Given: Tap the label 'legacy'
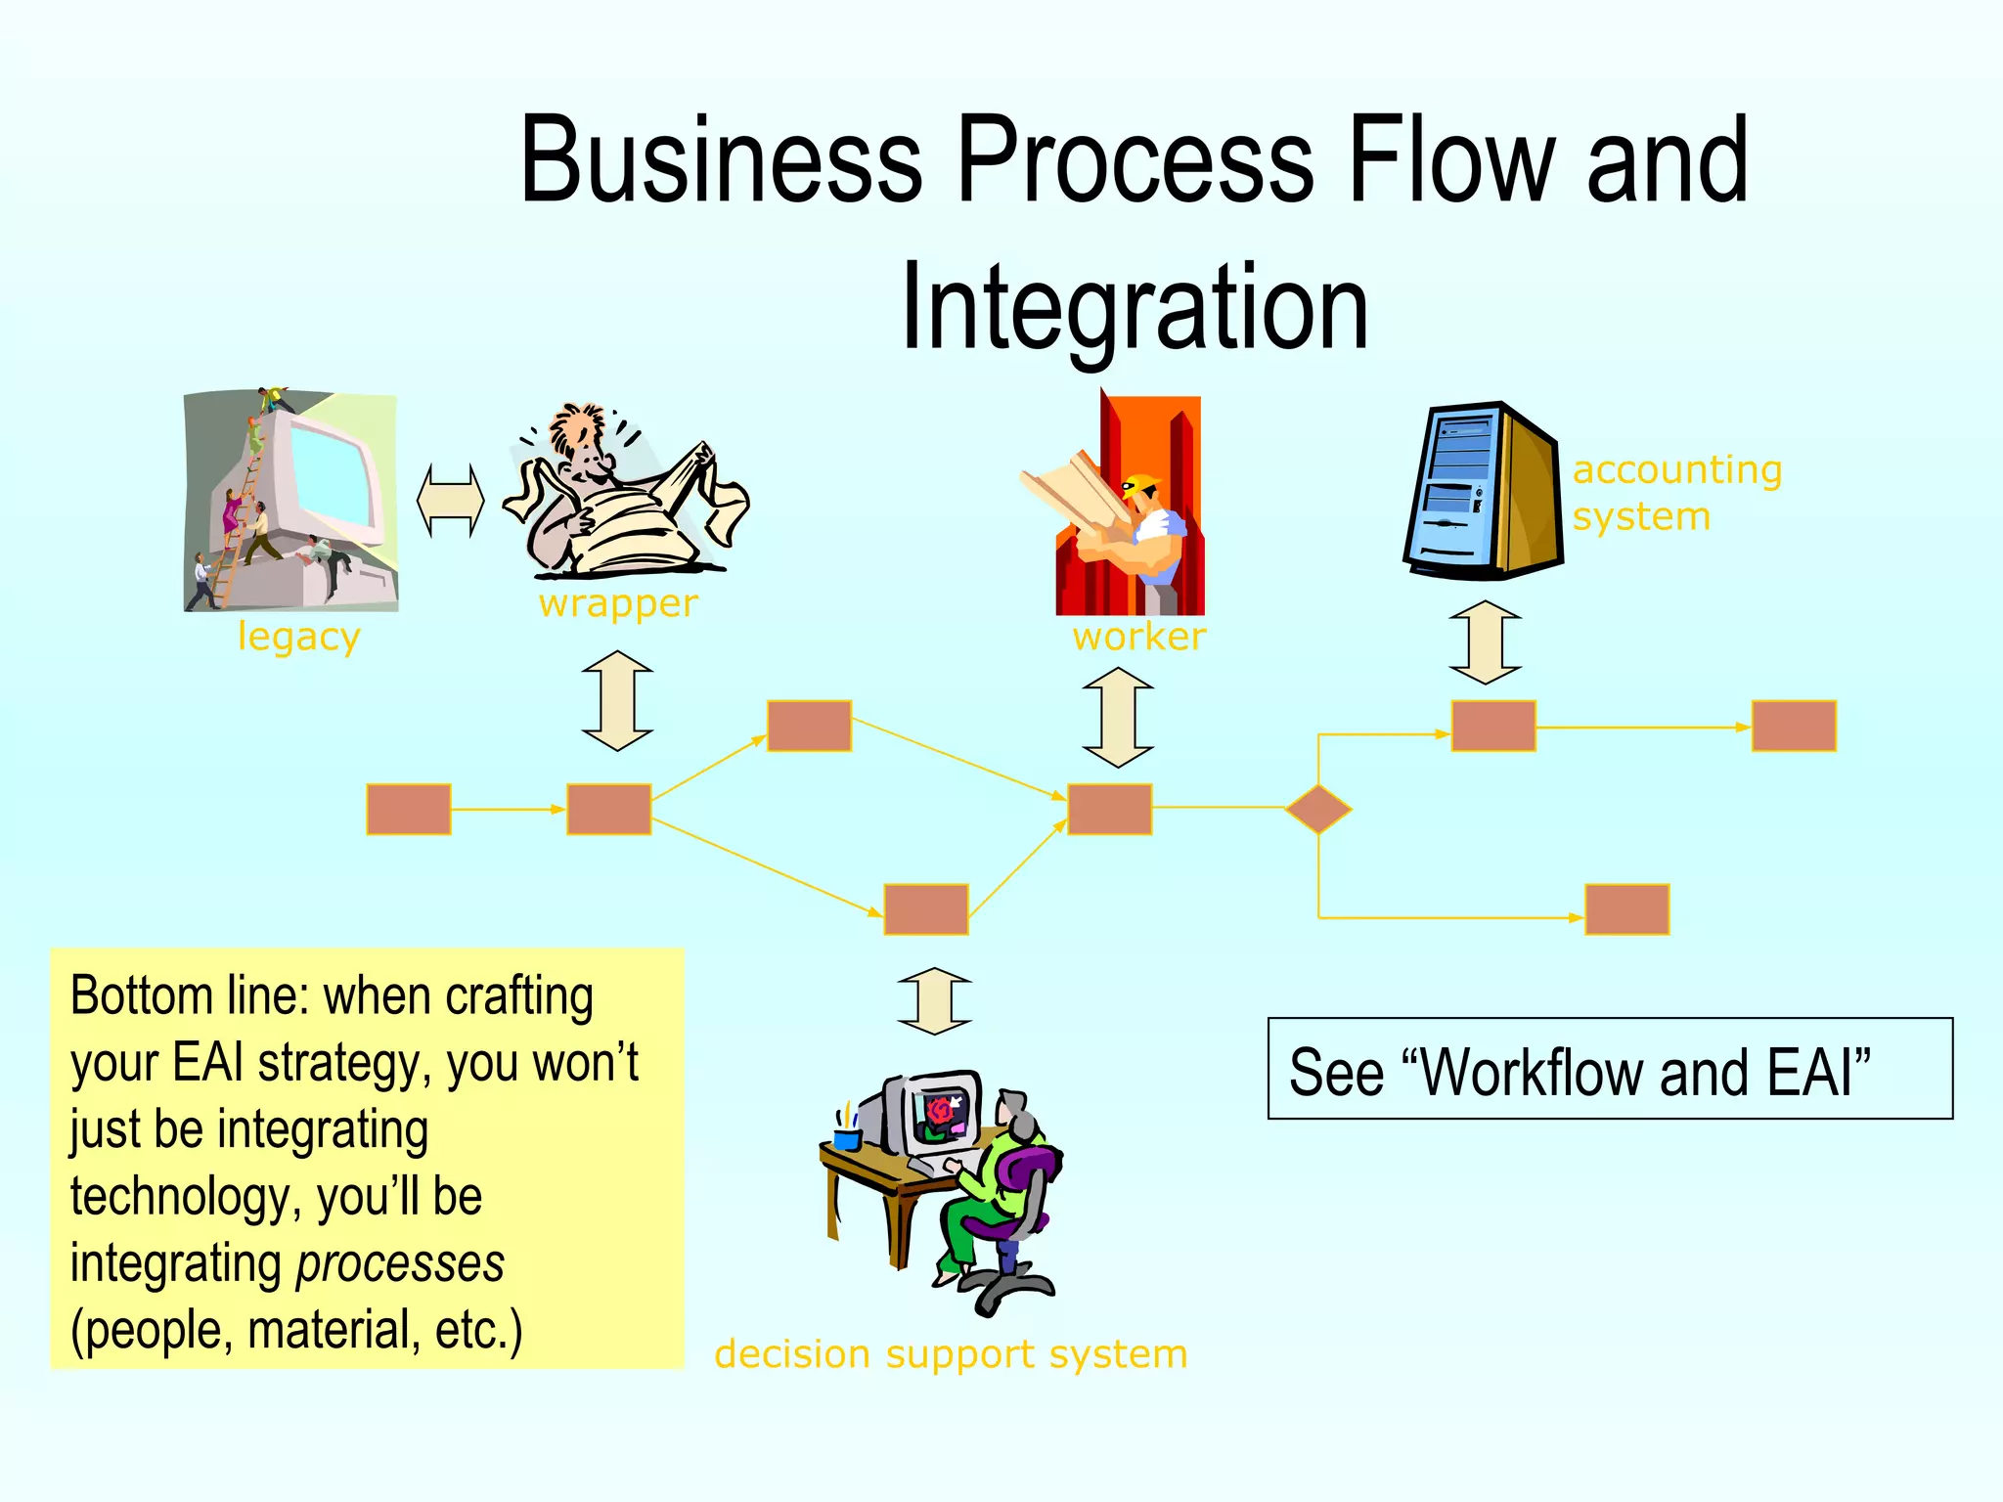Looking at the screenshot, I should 299,638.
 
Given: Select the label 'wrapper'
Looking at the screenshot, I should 618,604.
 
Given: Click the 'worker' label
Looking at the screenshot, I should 1139,638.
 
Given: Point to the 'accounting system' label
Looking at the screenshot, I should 1676,493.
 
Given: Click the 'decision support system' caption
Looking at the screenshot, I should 951,1355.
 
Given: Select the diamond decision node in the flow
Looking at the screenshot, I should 1318,809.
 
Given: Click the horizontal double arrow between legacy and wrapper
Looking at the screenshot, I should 450,501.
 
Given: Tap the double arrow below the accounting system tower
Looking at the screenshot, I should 1485,642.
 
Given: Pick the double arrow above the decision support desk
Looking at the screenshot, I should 935,1000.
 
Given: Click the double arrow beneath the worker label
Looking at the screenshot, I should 1118,717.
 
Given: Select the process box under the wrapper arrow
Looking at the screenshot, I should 609,809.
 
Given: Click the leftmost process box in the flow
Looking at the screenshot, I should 409,809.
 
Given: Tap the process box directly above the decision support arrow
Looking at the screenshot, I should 926,909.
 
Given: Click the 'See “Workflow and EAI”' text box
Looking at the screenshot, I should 1610,1069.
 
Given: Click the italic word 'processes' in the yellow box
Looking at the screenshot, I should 401,1263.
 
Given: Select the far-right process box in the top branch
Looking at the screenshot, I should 1794,726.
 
